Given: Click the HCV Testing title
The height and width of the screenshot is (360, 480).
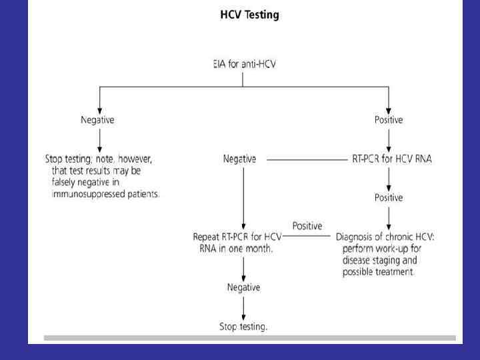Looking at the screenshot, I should click(249, 15).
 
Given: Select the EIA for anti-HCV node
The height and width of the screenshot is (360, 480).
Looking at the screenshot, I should click(243, 65).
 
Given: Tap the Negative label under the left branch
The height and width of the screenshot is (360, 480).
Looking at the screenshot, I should click(98, 120).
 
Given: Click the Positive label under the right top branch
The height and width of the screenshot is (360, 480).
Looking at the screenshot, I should click(389, 120).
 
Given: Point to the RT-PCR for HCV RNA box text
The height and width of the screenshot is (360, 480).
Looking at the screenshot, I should click(391, 159).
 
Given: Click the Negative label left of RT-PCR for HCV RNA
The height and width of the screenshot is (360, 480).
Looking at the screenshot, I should click(239, 159).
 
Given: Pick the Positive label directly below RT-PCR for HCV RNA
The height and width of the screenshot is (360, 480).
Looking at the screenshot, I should click(389, 197).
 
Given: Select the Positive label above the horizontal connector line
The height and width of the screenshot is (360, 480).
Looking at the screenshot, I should click(307, 226).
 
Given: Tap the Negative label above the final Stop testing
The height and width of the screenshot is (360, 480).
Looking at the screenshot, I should click(243, 287).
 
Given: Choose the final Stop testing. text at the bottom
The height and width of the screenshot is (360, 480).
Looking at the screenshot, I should click(243, 327).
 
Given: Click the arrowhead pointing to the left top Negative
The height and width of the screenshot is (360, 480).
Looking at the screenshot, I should click(99, 109).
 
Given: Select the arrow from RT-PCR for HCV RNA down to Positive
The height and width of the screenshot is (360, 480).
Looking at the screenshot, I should click(389, 178).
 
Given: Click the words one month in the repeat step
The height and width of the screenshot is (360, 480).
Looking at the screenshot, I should click(253, 249).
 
